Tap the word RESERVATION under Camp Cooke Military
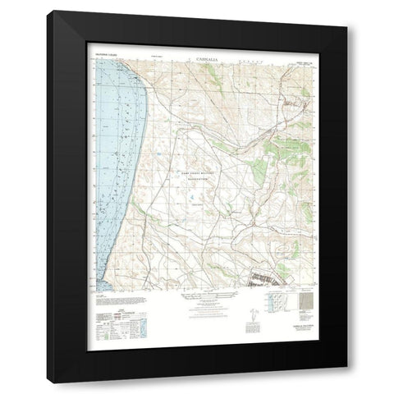(198, 184)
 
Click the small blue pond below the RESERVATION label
(190, 201)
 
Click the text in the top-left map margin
(108, 58)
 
